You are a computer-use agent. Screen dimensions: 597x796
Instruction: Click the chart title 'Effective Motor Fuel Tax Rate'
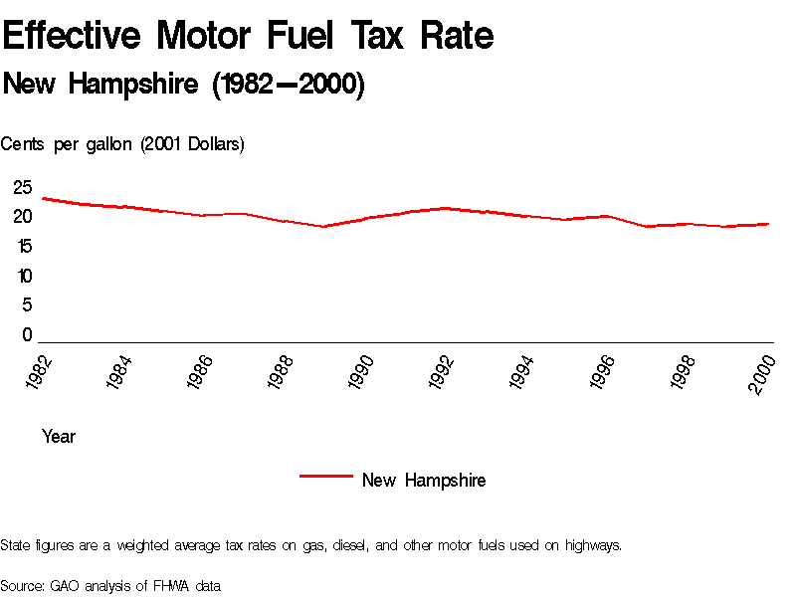coord(248,37)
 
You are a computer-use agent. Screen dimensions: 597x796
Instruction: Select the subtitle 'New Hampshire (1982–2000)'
coord(184,86)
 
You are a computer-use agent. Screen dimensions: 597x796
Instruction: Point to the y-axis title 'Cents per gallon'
coord(122,144)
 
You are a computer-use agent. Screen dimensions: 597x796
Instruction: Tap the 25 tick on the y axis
coord(23,187)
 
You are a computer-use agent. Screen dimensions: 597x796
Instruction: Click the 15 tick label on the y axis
coord(23,246)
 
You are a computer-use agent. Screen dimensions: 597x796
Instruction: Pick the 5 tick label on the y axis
coord(27,305)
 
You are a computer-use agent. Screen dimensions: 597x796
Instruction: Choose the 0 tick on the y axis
coord(27,335)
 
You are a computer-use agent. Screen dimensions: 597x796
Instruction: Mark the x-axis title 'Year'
coord(59,437)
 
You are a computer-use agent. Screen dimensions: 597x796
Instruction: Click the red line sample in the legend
coord(326,477)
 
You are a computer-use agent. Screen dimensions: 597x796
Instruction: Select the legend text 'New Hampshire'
coord(424,481)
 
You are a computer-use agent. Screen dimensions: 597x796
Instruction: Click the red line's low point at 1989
coord(323,227)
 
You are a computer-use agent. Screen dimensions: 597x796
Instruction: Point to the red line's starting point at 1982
coord(42,198)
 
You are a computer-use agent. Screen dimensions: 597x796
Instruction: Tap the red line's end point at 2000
coord(768,224)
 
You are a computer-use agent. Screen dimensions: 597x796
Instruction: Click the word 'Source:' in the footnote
coord(22,586)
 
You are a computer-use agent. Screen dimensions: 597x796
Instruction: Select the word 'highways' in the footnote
coord(593,545)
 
